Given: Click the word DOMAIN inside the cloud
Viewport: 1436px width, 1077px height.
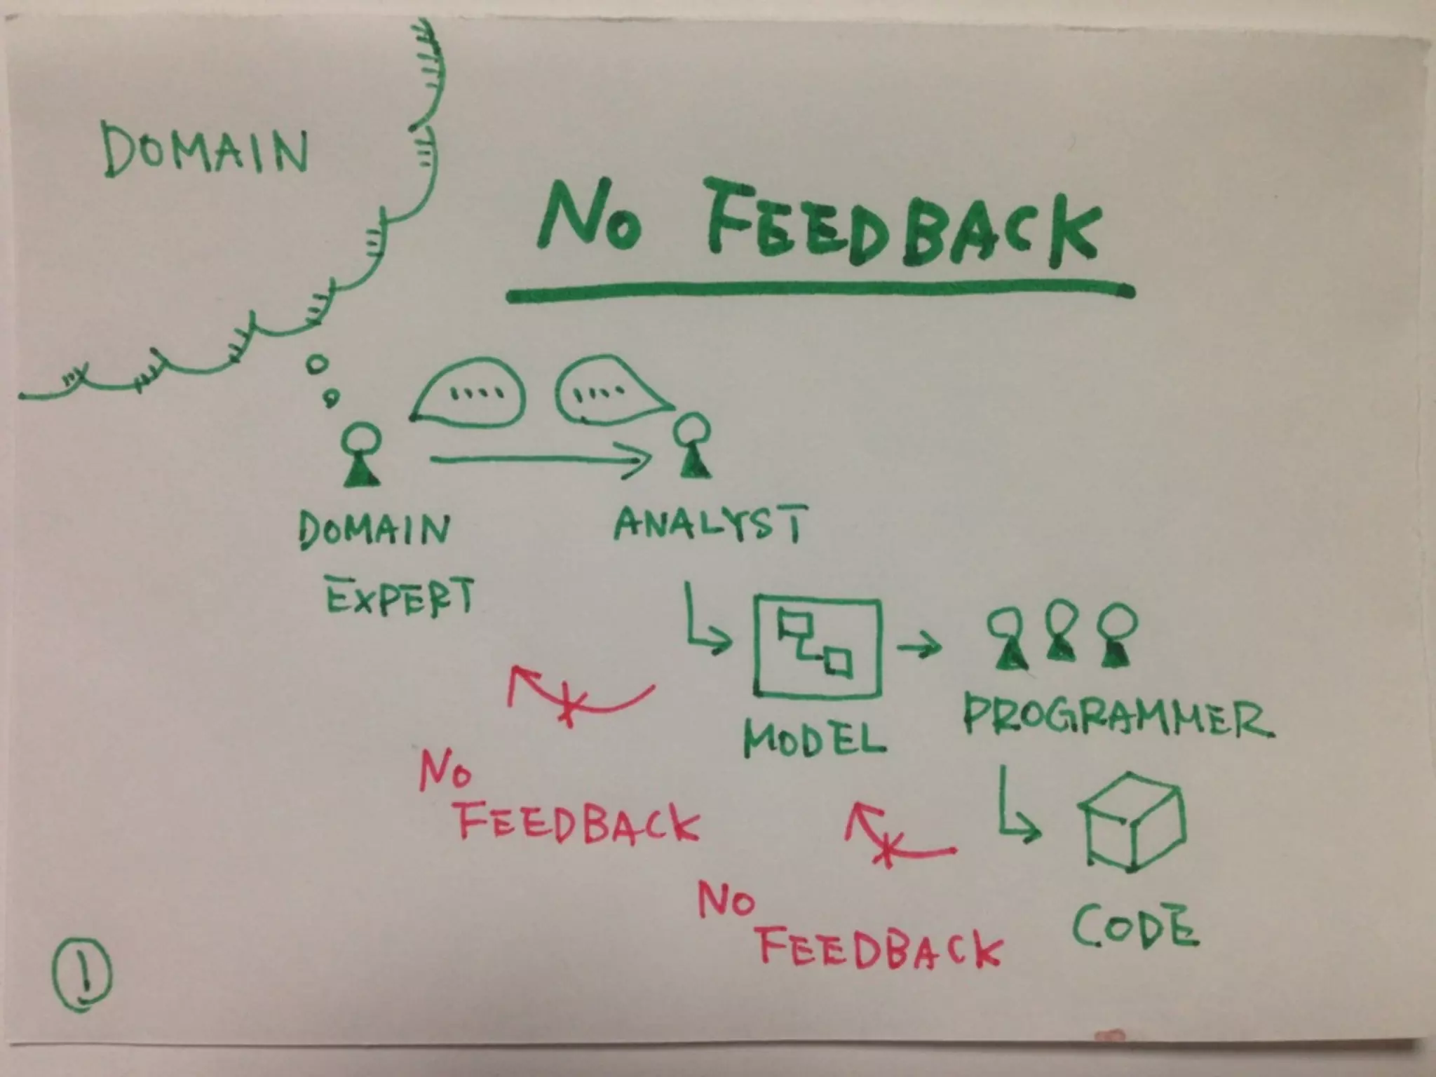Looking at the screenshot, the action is point(205,149).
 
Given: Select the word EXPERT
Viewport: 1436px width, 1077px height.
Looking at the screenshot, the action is point(400,597).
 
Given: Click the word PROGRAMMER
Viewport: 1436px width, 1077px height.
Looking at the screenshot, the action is point(1116,716).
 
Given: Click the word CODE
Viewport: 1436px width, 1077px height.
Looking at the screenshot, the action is point(1134,926).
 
